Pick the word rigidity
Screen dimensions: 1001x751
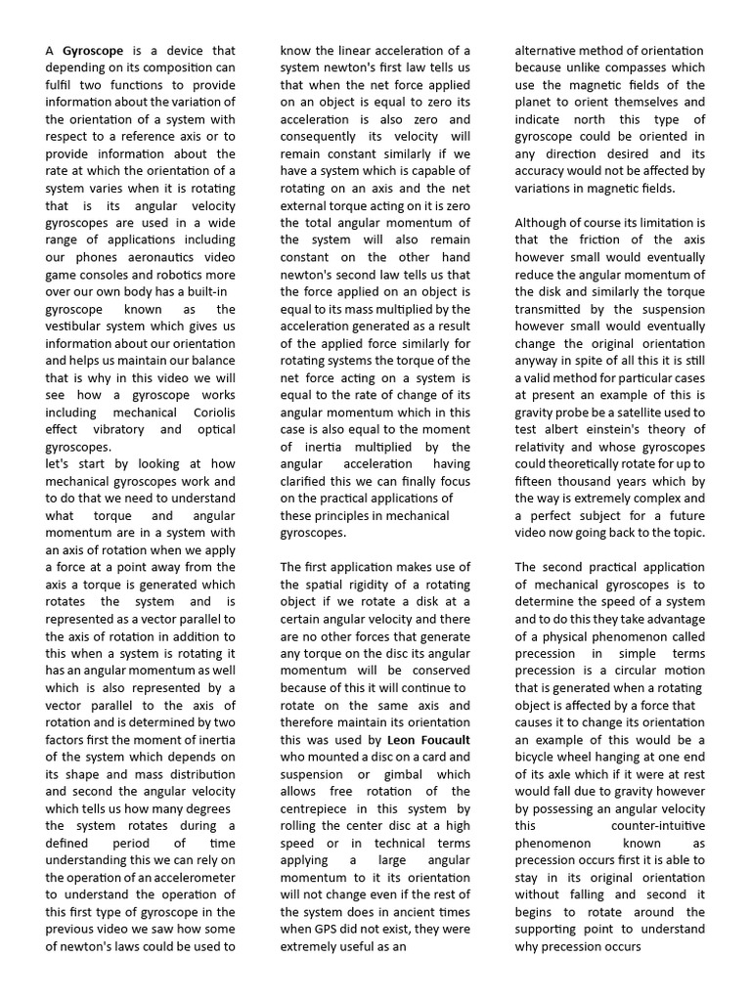[x=368, y=585]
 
